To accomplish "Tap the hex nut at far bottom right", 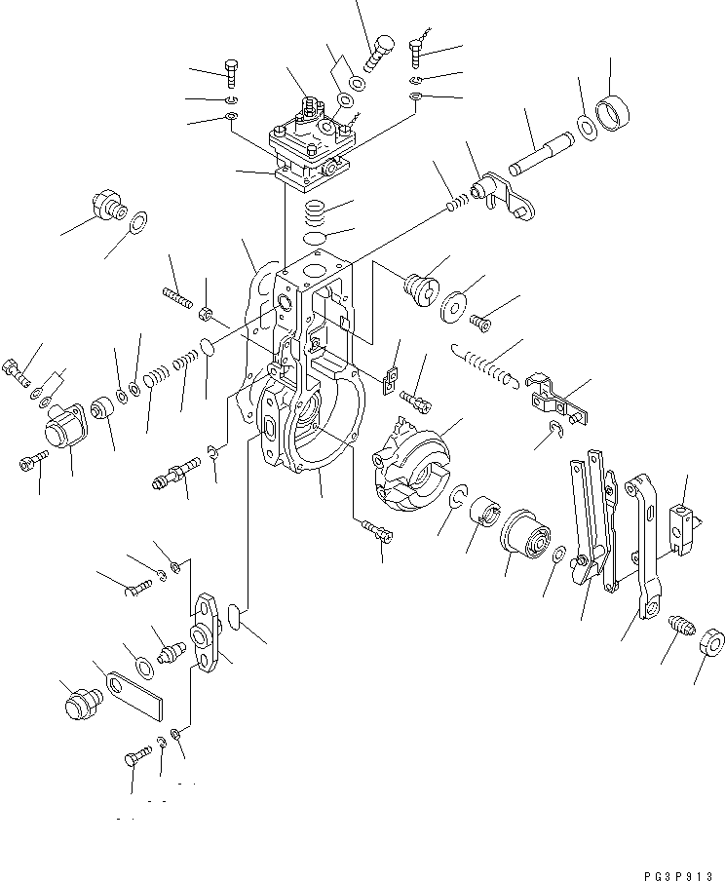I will point(711,644).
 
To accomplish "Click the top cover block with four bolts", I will point(309,145).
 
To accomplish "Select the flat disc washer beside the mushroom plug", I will point(452,307).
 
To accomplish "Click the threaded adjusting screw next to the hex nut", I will point(680,632).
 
